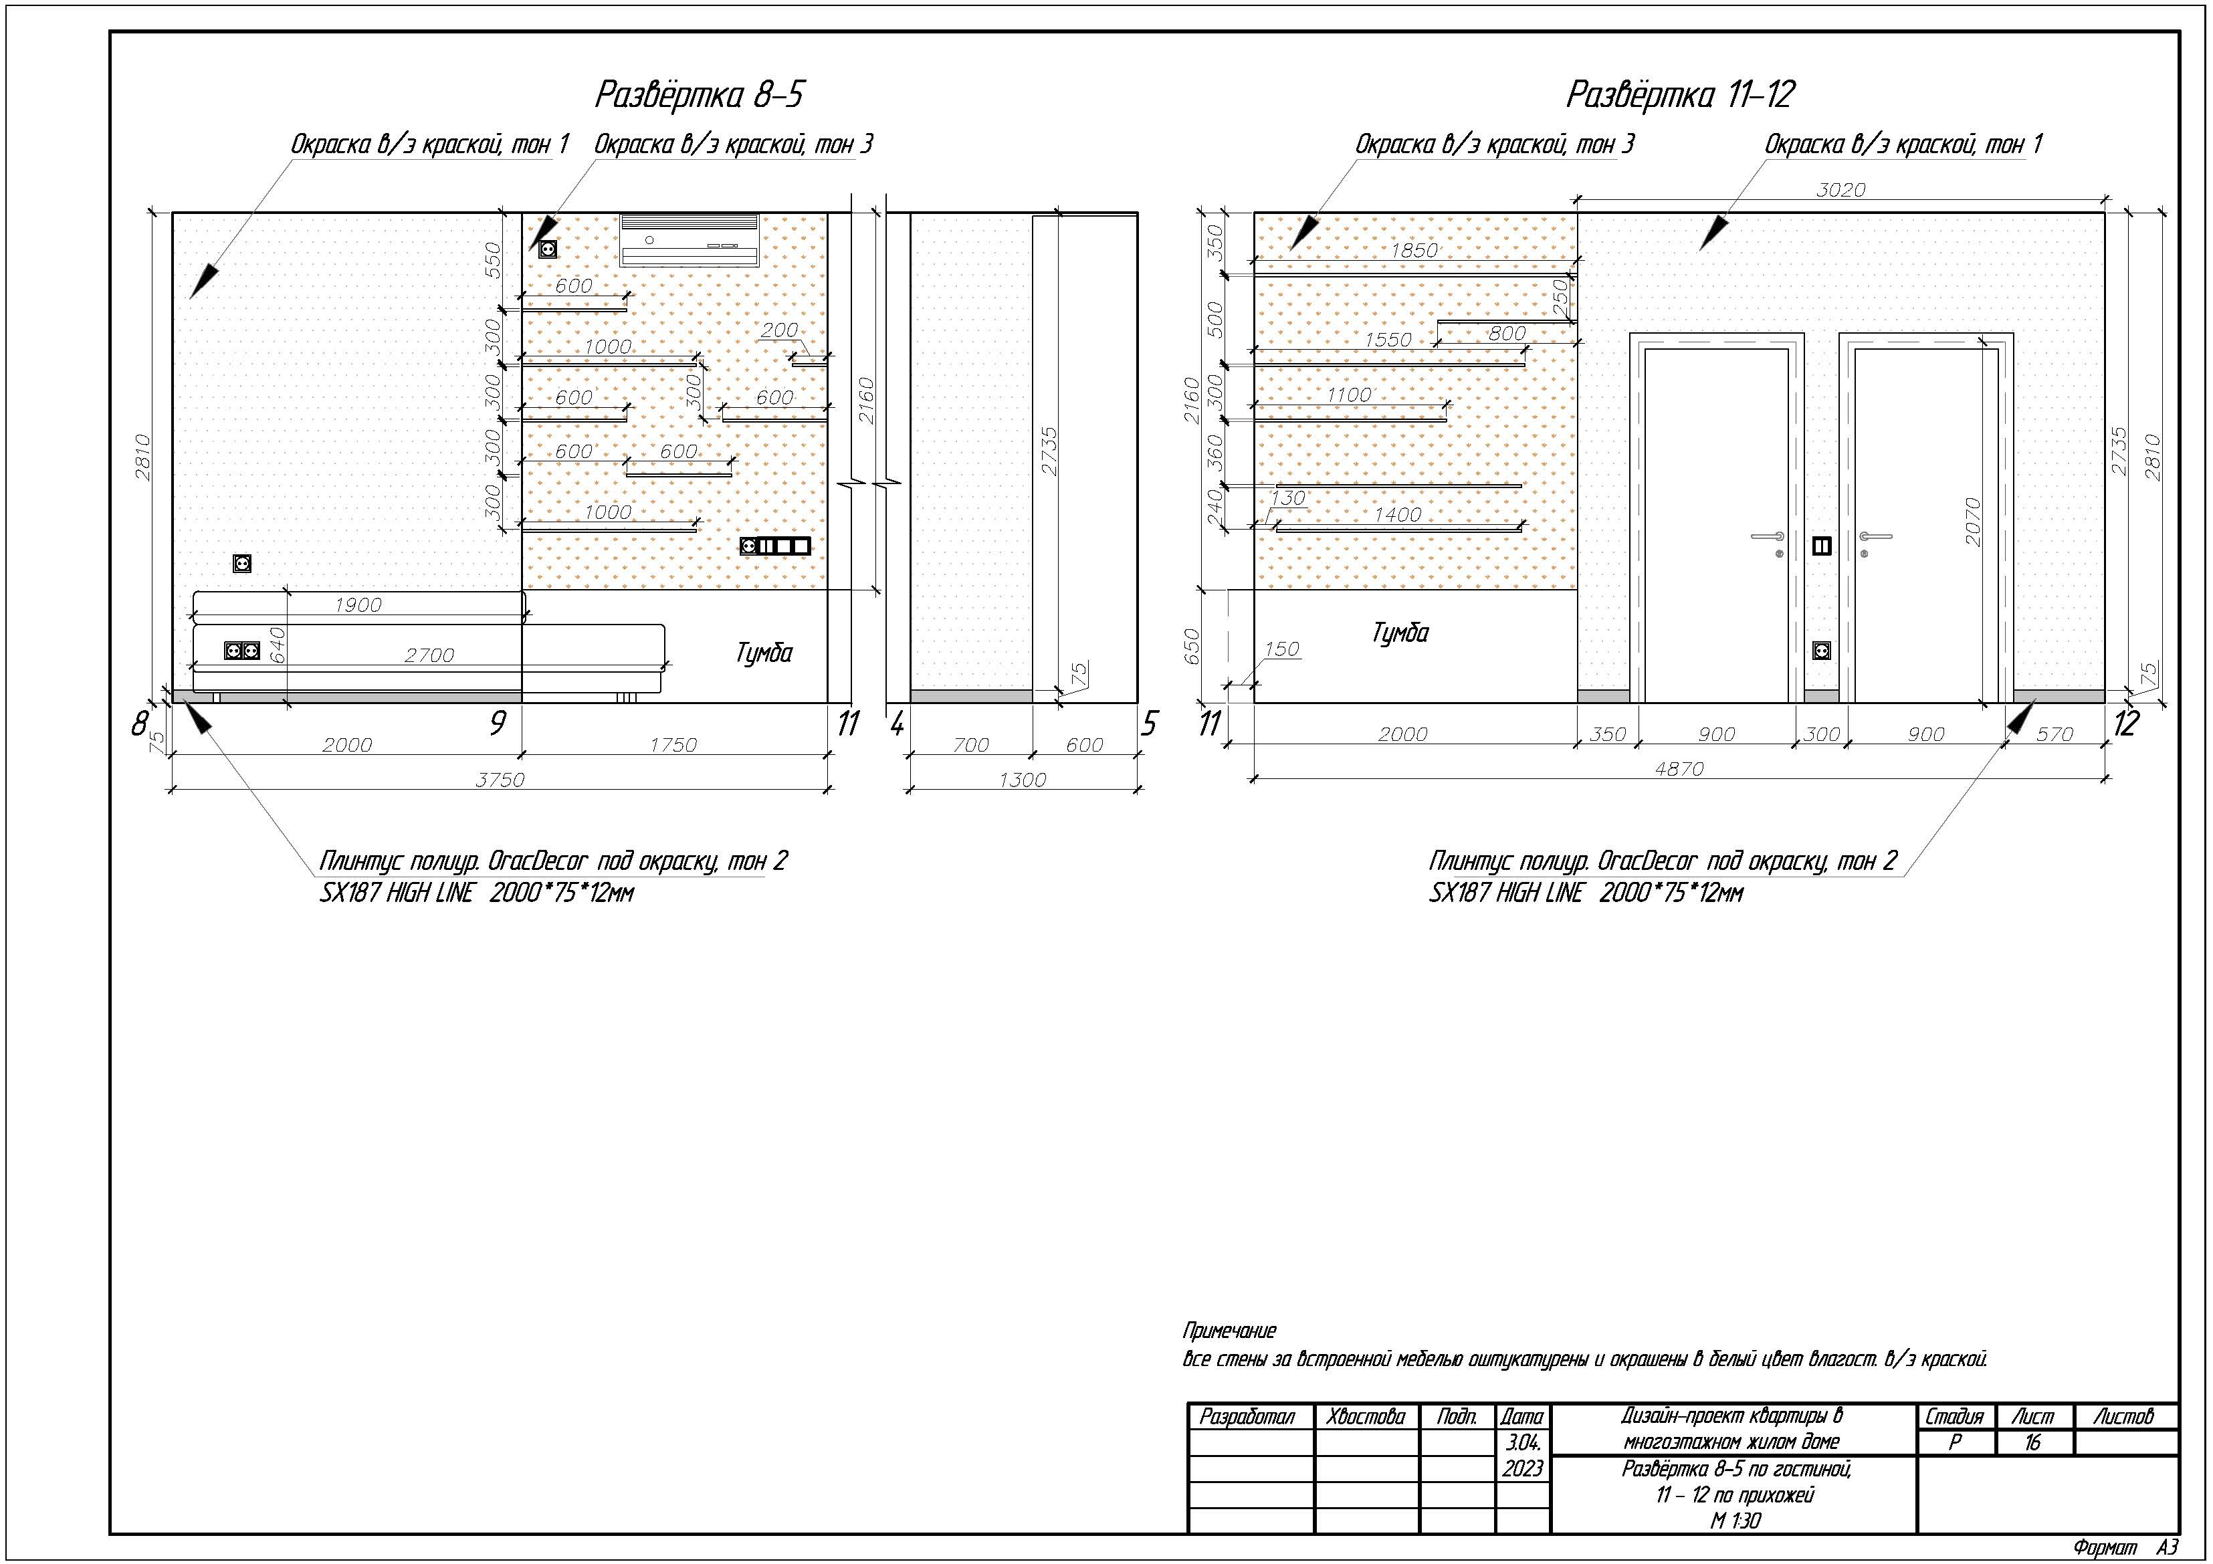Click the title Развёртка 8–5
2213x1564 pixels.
pos(699,94)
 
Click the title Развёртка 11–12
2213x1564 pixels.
pos(1680,94)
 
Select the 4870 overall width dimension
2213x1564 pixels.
pos(1679,769)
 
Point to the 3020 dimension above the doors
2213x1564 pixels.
pos(1840,190)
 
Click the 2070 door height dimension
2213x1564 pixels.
pos(1973,522)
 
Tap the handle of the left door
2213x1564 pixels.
pos(1768,537)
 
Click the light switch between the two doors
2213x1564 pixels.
pos(1822,546)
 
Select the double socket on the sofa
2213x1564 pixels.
pos(242,651)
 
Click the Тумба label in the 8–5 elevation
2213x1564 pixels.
pos(763,653)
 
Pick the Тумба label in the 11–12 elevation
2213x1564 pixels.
pos(1400,633)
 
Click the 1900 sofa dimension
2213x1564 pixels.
pos(358,605)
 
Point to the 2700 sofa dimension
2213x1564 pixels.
pos(429,655)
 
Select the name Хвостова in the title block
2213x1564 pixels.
pos(1365,1417)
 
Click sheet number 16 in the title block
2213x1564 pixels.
pos(2032,1442)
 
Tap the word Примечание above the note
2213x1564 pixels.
pos(1229,1331)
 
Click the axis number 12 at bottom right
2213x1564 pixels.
pos(2125,723)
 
